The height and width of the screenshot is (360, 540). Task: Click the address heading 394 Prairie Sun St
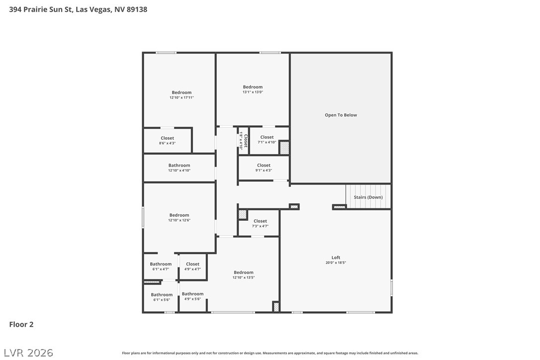pyautogui.click(x=78, y=9)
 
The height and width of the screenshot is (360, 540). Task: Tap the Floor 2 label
pyautogui.click(x=21, y=325)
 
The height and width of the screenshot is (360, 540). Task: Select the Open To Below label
pyautogui.click(x=341, y=115)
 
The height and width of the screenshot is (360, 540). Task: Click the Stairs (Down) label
pyautogui.click(x=368, y=197)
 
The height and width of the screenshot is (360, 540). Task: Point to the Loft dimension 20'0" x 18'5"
pyautogui.click(x=336, y=263)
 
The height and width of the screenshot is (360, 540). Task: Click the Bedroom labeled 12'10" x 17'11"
pyautogui.click(x=181, y=95)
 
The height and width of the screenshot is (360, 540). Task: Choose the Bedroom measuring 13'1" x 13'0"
pyautogui.click(x=253, y=90)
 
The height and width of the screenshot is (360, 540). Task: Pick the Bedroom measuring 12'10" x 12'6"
pyautogui.click(x=179, y=218)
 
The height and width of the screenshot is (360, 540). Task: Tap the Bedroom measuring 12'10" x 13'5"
pyautogui.click(x=244, y=274)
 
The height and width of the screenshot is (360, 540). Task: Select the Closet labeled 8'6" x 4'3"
pyautogui.click(x=167, y=141)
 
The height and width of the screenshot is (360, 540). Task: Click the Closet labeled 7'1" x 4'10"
pyautogui.click(x=267, y=140)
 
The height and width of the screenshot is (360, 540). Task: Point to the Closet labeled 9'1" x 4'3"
pyautogui.click(x=264, y=168)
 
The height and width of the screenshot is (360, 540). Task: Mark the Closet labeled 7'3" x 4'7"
pyautogui.click(x=260, y=223)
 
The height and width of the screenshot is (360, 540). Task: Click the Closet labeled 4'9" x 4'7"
pyautogui.click(x=192, y=267)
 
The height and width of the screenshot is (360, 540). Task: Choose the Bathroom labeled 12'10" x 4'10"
pyautogui.click(x=179, y=168)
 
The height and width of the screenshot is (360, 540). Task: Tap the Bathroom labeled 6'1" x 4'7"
pyautogui.click(x=161, y=267)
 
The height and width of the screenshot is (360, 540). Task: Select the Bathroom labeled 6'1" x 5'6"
pyautogui.click(x=162, y=297)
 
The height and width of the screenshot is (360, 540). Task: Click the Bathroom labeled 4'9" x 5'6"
pyautogui.click(x=192, y=296)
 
